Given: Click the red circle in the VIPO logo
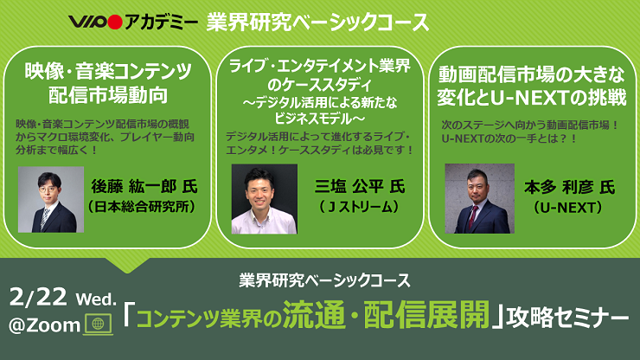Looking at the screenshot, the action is point(116,22).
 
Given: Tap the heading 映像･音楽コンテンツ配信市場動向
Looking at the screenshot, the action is point(108,83).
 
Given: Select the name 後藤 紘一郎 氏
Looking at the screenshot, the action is point(144,186).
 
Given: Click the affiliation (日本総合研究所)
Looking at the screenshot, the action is point(142,207).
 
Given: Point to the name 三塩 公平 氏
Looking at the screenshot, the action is point(360,186).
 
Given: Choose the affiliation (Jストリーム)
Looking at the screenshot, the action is point(359,207).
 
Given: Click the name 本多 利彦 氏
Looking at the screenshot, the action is point(569,187).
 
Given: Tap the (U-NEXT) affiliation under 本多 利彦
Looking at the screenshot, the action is point(567,208).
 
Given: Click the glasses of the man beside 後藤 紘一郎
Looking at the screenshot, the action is point(48,190).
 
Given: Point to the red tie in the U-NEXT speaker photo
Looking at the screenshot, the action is point(473,216).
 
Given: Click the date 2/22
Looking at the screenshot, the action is point(38,297).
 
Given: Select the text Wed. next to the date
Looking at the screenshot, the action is point(96,299).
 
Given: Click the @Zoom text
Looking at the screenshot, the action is point(44,325).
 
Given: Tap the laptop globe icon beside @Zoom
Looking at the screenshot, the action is point(98,325).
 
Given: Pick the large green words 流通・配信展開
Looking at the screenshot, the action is point(386,314).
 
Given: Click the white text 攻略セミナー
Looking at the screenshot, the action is point(567,317).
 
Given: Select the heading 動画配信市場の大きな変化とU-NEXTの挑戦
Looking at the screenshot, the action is point(531,87).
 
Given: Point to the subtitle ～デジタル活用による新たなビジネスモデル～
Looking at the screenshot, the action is point(320,110).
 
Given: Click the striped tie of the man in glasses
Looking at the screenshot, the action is point(44,218).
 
